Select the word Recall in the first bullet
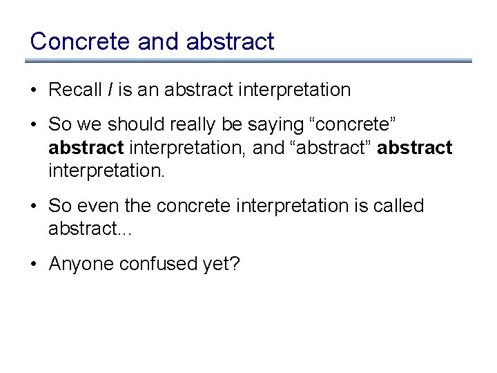74,90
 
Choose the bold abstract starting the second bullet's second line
86,148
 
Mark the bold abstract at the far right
416,148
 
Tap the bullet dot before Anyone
35,265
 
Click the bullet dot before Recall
35,90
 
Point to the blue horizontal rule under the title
248,61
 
